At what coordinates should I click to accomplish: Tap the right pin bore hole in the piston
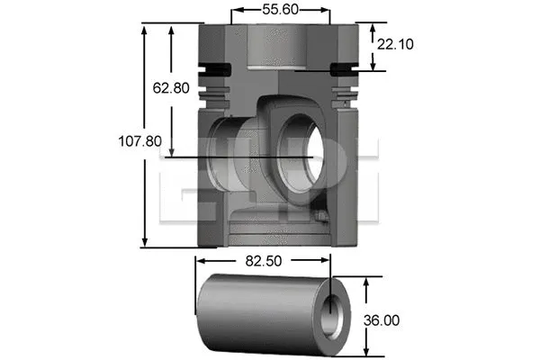pyautogui.click(x=304, y=147)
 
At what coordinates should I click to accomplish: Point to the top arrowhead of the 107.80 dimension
pyautogui.click(x=145, y=28)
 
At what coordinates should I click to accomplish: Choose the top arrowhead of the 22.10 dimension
pyautogui.click(x=372, y=26)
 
